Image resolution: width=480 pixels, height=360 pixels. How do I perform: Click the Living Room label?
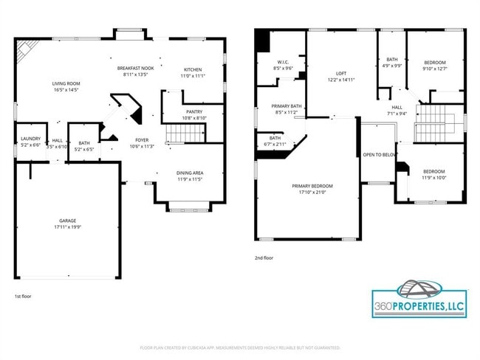pyautogui.click(x=66, y=83)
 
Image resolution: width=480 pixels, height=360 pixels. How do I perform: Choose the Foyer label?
pyautogui.click(x=142, y=140)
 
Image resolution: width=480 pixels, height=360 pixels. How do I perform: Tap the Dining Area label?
pyautogui.click(x=190, y=173)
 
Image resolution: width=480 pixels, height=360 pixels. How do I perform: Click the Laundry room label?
pyautogui.click(x=30, y=138)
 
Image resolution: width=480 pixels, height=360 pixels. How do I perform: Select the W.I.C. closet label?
pyautogui.click(x=283, y=62)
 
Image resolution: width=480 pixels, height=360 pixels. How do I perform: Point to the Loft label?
pyautogui.click(x=340, y=74)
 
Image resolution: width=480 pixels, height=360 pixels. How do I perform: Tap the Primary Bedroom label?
pyautogui.click(x=312, y=186)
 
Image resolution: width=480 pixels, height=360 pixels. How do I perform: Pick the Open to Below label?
pyautogui.click(x=380, y=154)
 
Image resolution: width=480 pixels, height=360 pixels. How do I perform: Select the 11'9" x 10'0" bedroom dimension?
pyautogui.click(x=434, y=177)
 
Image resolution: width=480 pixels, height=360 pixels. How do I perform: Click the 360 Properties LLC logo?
pyautogui.click(x=419, y=299)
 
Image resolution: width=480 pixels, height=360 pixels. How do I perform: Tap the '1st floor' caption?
pyautogui.click(x=22, y=296)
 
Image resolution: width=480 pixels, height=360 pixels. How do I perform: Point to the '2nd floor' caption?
pyautogui.click(x=263, y=258)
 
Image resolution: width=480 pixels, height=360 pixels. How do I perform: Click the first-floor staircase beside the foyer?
pyautogui.click(x=185, y=134)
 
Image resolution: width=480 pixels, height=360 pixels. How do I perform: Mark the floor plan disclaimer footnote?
pyautogui.click(x=240, y=347)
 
